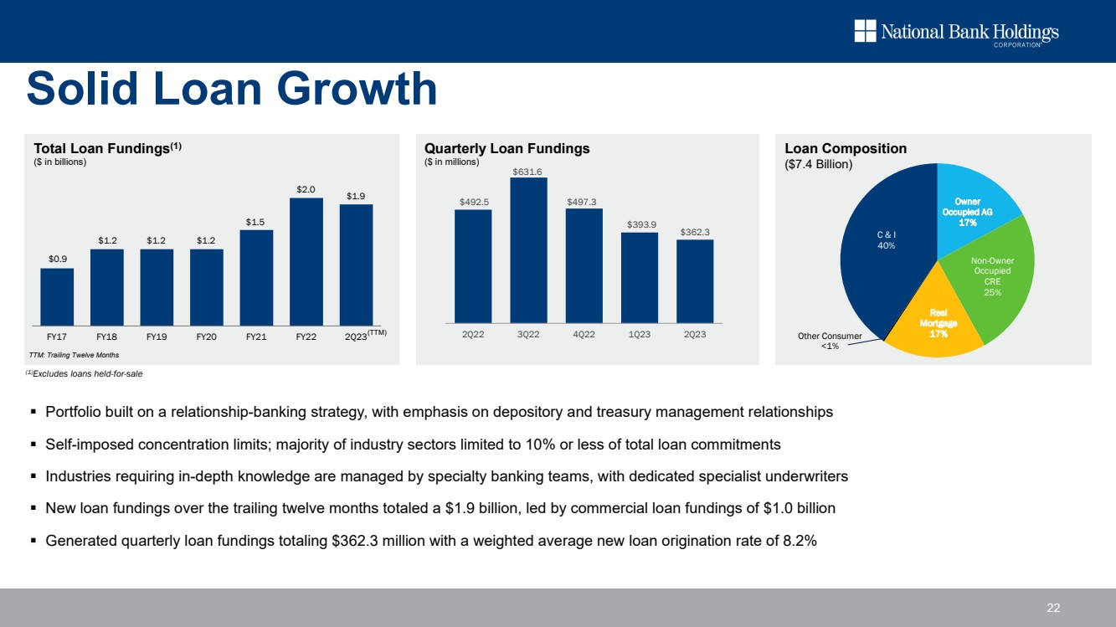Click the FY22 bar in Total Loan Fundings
pyautogui.click(x=306, y=261)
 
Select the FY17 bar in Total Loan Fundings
pyautogui.click(x=57, y=296)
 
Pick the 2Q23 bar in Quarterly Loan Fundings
pyautogui.click(x=694, y=281)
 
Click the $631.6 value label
pyautogui.click(x=528, y=171)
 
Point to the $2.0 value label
pyautogui.click(x=306, y=190)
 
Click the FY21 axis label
pyautogui.click(x=256, y=337)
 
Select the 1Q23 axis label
pyautogui.click(x=639, y=335)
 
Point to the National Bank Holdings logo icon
pyautogui.click(x=864, y=32)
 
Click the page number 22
pyautogui.click(x=1053, y=608)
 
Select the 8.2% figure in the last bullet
pyautogui.click(x=803, y=540)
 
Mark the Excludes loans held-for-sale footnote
pyautogui.click(x=87, y=373)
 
